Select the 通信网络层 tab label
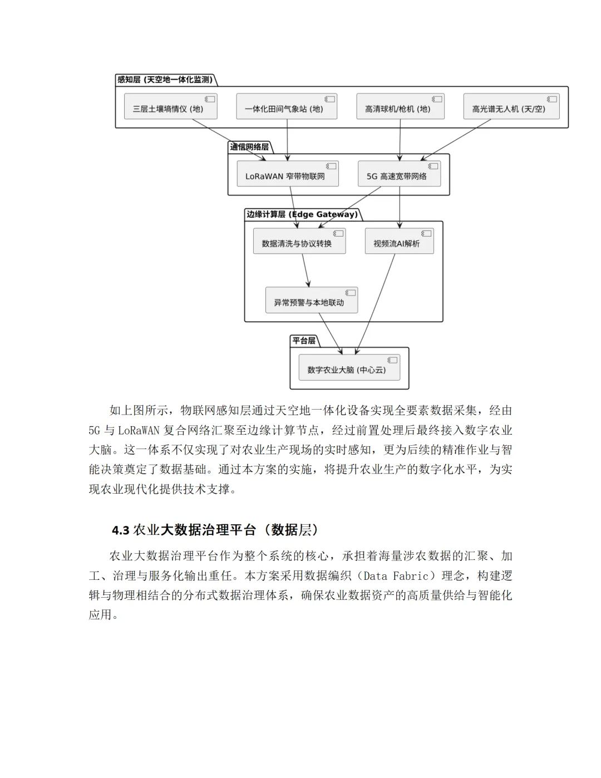[249, 147]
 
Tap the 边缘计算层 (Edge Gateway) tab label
[302, 214]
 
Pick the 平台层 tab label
[304, 341]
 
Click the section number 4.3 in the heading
[121, 530]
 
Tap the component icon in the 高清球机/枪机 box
[437, 99]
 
